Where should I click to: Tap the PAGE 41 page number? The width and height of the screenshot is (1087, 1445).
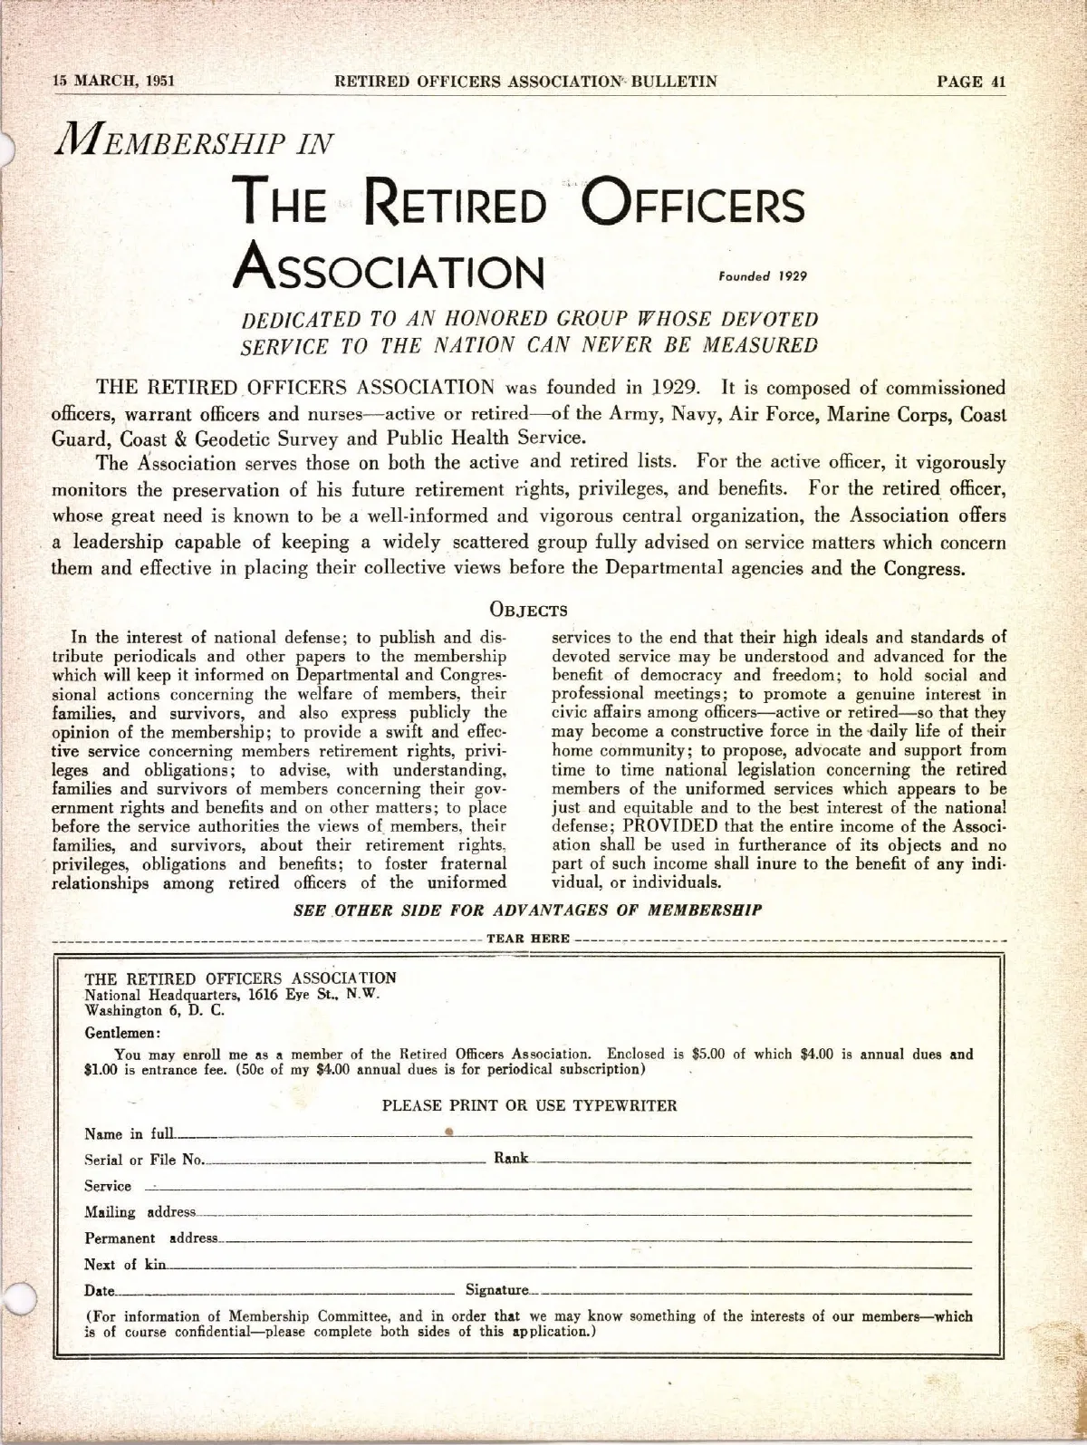click(x=972, y=81)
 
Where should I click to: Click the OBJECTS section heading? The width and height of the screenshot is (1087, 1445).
click(x=529, y=610)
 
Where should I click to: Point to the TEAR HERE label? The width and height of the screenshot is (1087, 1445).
click(x=528, y=939)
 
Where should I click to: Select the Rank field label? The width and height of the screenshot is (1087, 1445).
click(x=511, y=1159)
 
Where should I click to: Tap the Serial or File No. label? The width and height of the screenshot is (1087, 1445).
click(x=144, y=1160)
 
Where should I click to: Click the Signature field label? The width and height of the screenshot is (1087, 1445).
click(x=496, y=1290)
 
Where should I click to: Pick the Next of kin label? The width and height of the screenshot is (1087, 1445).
click(x=125, y=1265)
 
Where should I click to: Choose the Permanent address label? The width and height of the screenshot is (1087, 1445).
click(x=151, y=1238)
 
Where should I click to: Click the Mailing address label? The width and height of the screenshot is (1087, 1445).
click(x=139, y=1212)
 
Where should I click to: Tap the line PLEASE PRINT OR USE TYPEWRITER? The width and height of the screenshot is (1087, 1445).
click(x=529, y=1105)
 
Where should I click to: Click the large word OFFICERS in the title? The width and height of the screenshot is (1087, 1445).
click(x=691, y=204)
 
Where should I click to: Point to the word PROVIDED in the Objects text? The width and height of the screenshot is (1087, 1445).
click(x=670, y=826)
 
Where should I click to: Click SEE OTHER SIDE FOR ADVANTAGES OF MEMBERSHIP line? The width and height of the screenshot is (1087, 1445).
click(x=527, y=910)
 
